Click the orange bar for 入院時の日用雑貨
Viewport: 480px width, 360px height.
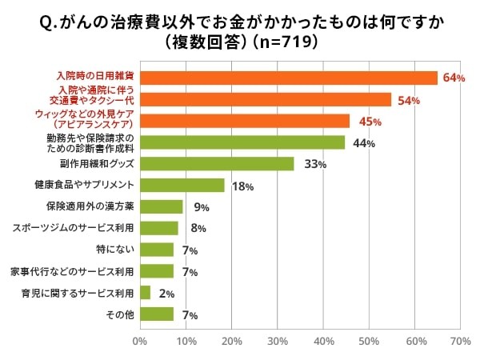[288, 78]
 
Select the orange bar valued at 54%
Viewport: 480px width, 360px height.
[265, 99]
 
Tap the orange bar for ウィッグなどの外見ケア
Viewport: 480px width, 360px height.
[244, 121]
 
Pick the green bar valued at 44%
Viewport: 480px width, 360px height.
[242, 142]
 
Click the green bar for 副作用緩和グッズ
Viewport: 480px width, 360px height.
[216, 164]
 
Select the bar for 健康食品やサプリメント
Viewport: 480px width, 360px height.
[182, 186]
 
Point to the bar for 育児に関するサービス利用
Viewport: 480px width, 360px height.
[145, 293]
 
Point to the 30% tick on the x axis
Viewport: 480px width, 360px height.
[278, 342]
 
